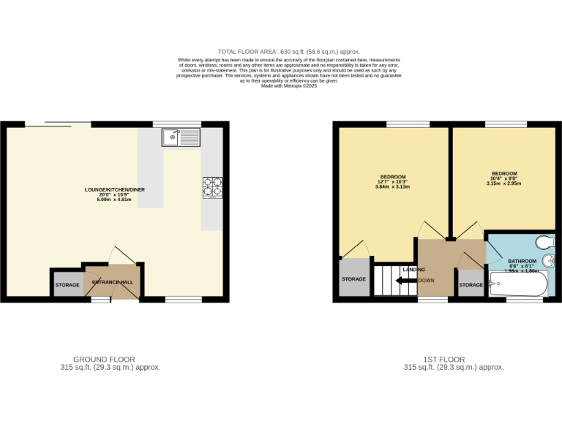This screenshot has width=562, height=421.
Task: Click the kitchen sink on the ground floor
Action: point(180,137)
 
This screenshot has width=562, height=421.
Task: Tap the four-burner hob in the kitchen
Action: point(212,187)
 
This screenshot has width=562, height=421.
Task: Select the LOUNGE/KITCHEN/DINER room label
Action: point(115,190)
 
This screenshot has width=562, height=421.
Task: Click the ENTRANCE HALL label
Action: point(113,282)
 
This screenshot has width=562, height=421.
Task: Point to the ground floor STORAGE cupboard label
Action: point(67,285)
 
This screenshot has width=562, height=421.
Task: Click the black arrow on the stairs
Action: point(404,281)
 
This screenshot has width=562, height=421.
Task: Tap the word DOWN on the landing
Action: point(427,281)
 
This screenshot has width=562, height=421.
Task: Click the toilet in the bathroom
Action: point(545,243)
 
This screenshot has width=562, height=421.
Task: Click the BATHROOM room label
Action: point(522,261)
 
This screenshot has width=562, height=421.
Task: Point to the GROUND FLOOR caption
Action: point(109,360)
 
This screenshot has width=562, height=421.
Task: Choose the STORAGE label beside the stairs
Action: point(354,279)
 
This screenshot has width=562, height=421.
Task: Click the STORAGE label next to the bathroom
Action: point(471,285)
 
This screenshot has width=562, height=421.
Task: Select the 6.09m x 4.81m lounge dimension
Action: point(115,200)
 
